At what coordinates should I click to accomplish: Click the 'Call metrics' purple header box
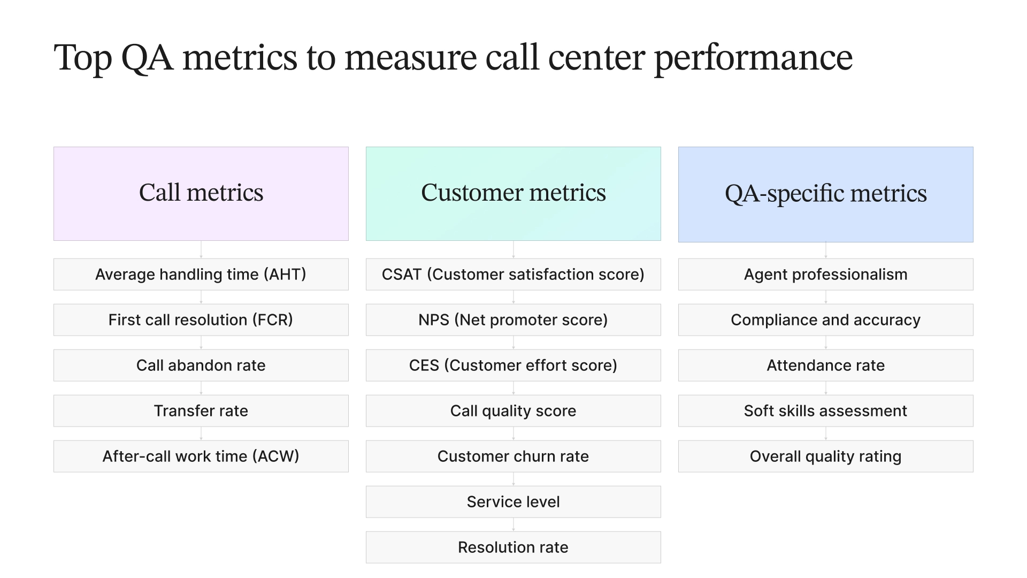coord(201,193)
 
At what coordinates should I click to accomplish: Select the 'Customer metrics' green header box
coord(513,193)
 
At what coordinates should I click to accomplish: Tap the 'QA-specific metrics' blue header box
coord(825,194)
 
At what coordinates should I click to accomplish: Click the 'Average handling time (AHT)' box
coord(201,275)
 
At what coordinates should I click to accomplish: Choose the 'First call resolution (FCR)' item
coord(201,320)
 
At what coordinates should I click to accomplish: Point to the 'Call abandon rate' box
coord(201,366)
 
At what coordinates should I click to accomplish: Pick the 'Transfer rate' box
coord(201,411)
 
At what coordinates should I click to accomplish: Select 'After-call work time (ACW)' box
coord(201,457)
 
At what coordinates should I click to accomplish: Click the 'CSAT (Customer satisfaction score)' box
coord(513,275)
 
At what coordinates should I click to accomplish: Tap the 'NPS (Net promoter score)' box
coord(513,320)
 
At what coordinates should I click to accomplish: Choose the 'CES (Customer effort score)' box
coord(513,366)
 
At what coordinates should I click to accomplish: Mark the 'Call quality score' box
coord(513,411)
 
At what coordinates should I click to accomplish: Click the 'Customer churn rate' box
coord(513,457)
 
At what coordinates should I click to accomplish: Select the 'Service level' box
coord(513,502)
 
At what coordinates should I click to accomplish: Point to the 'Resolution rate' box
coord(513,547)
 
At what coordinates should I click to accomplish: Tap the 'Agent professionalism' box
coord(825,275)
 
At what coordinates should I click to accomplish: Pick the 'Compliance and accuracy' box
coord(825,320)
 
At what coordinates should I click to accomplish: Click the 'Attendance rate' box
coord(825,366)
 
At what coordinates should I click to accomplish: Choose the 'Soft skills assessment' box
coord(825,411)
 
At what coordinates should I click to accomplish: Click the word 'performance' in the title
coord(753,58)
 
